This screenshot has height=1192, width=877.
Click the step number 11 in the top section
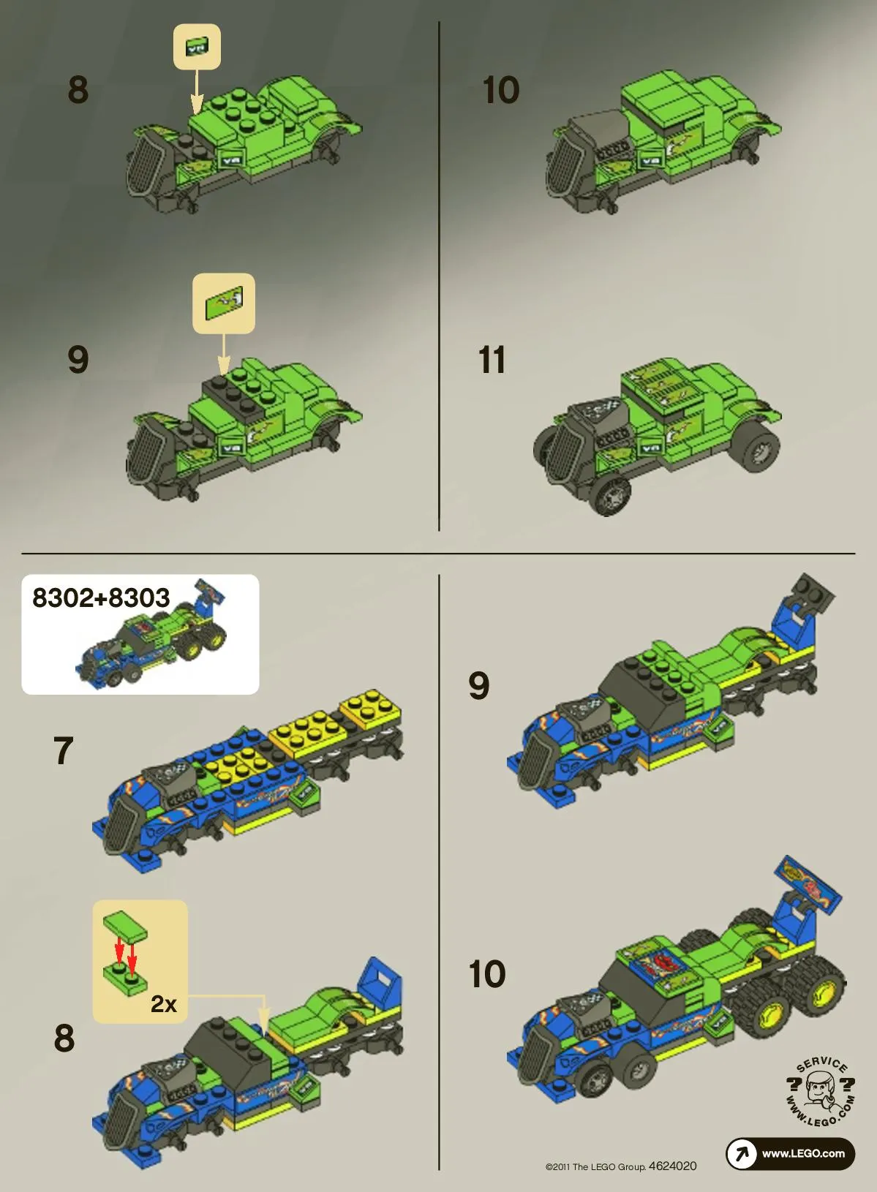pos(492,361)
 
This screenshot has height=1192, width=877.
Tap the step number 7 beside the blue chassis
pos(64,751)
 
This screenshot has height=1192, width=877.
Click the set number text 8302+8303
pos(101,597)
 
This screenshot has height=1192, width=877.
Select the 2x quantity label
pos(163,1004)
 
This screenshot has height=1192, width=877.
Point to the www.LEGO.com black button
pos(790,1153)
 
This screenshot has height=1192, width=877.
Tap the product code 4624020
pos(673,1166)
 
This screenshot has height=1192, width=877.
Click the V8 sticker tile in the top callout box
pos(196,48)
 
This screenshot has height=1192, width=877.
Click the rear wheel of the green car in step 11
pos(758,448)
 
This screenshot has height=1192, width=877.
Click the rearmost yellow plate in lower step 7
pos(370,708)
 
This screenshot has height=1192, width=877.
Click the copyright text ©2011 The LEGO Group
pos(595,1167)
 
